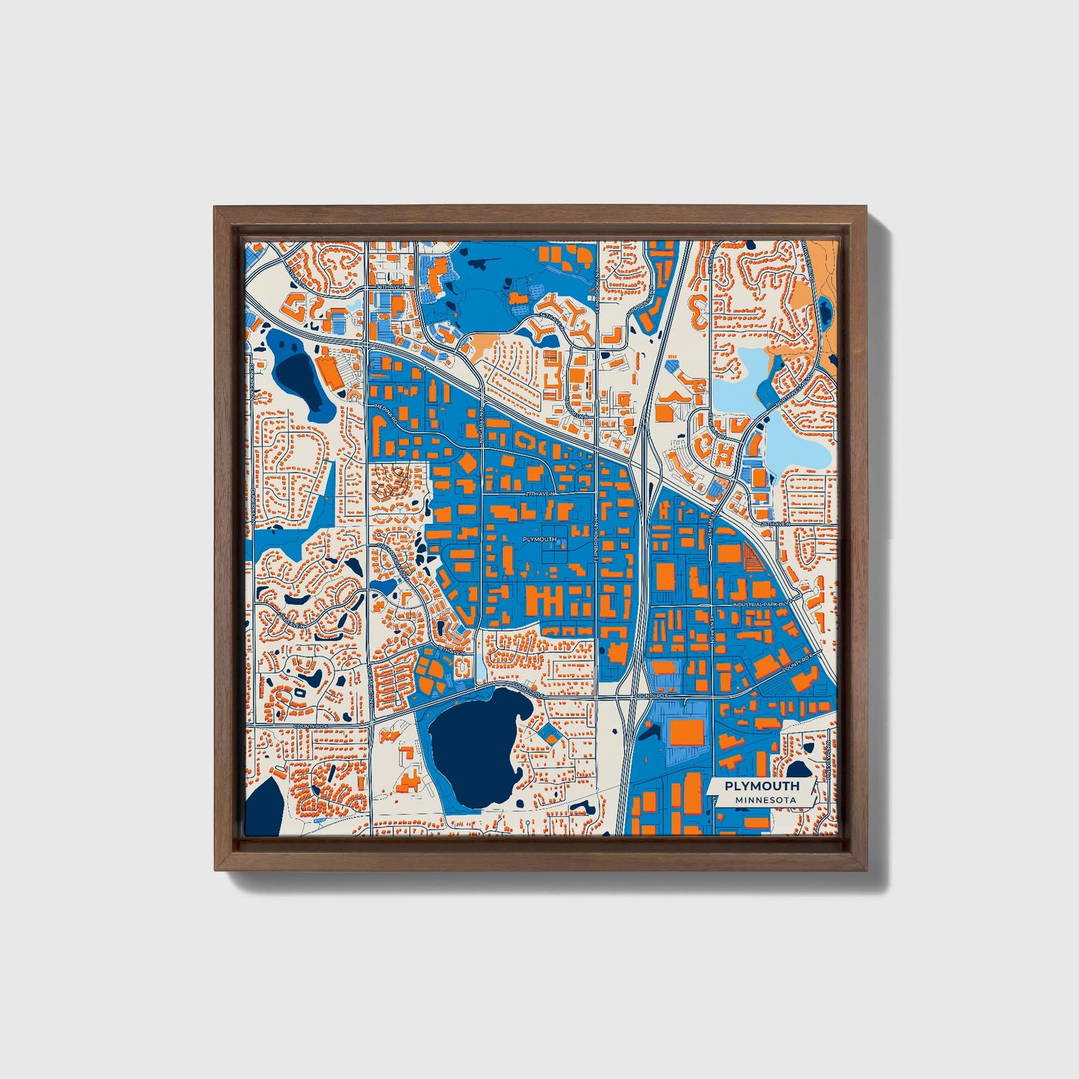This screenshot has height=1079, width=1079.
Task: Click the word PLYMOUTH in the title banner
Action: (762, 786)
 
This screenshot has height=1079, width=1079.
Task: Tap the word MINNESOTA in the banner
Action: (765, 800)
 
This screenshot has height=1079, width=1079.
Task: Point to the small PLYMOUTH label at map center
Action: (539, 539)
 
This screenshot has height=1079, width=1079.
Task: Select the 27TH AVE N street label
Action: (541, 494)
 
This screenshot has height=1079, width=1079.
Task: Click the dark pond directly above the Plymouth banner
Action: (799, 768)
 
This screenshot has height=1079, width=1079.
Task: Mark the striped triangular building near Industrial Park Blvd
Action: (753, 556)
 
